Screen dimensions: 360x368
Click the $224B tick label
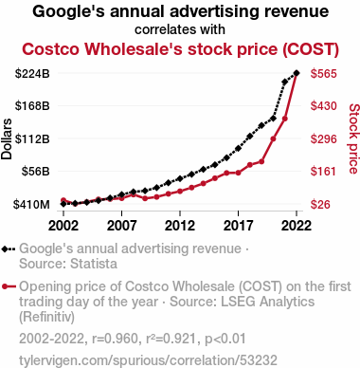[32, 74]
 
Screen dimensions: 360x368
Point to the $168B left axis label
[32, 105]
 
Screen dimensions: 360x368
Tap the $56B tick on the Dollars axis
[36, 171]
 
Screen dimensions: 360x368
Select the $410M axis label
[31, 205]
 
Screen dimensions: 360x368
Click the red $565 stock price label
[324, 74]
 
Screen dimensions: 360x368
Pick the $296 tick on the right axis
[324, 138]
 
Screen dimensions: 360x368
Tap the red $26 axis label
[320, 205]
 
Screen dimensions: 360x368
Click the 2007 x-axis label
[122, 226]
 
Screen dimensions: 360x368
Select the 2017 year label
[238, 226]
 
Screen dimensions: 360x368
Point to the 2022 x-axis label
[297, 226]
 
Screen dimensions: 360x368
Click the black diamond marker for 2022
[297, 73]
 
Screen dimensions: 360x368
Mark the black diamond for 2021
[284, 83]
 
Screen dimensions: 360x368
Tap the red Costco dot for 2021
[284, 119]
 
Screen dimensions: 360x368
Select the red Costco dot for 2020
[273, 138]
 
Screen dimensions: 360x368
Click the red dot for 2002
[63, 200]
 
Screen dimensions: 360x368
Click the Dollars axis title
[7, 138]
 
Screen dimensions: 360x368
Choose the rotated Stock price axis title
[354, 138]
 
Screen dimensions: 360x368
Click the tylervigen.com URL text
[148, 360]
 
